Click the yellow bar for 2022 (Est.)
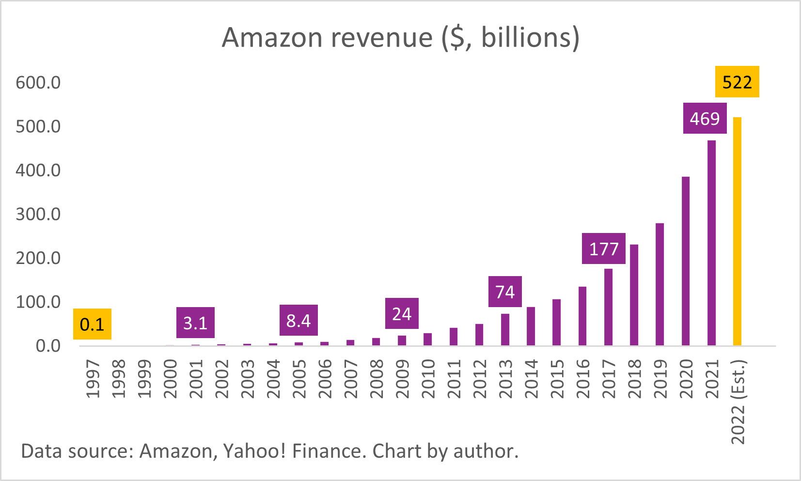tap(737, 232)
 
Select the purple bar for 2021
tap(711, 243)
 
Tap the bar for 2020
tap(686, 261)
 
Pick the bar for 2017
tap(608, 307)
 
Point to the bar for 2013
tap(505, 329)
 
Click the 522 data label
tap(737, 82)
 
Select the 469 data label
tap(705, 118)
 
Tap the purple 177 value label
tap(603, 248)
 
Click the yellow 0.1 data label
tap(92, 324)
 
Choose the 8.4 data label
tap(298, 320)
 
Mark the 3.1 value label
tap(195, 323)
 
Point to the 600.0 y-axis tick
tap(38, 82)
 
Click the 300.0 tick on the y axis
tap(38, 214)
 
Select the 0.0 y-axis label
tap(48, 346)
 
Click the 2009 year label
tap(402, 379)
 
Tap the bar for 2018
tap(634, 295)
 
